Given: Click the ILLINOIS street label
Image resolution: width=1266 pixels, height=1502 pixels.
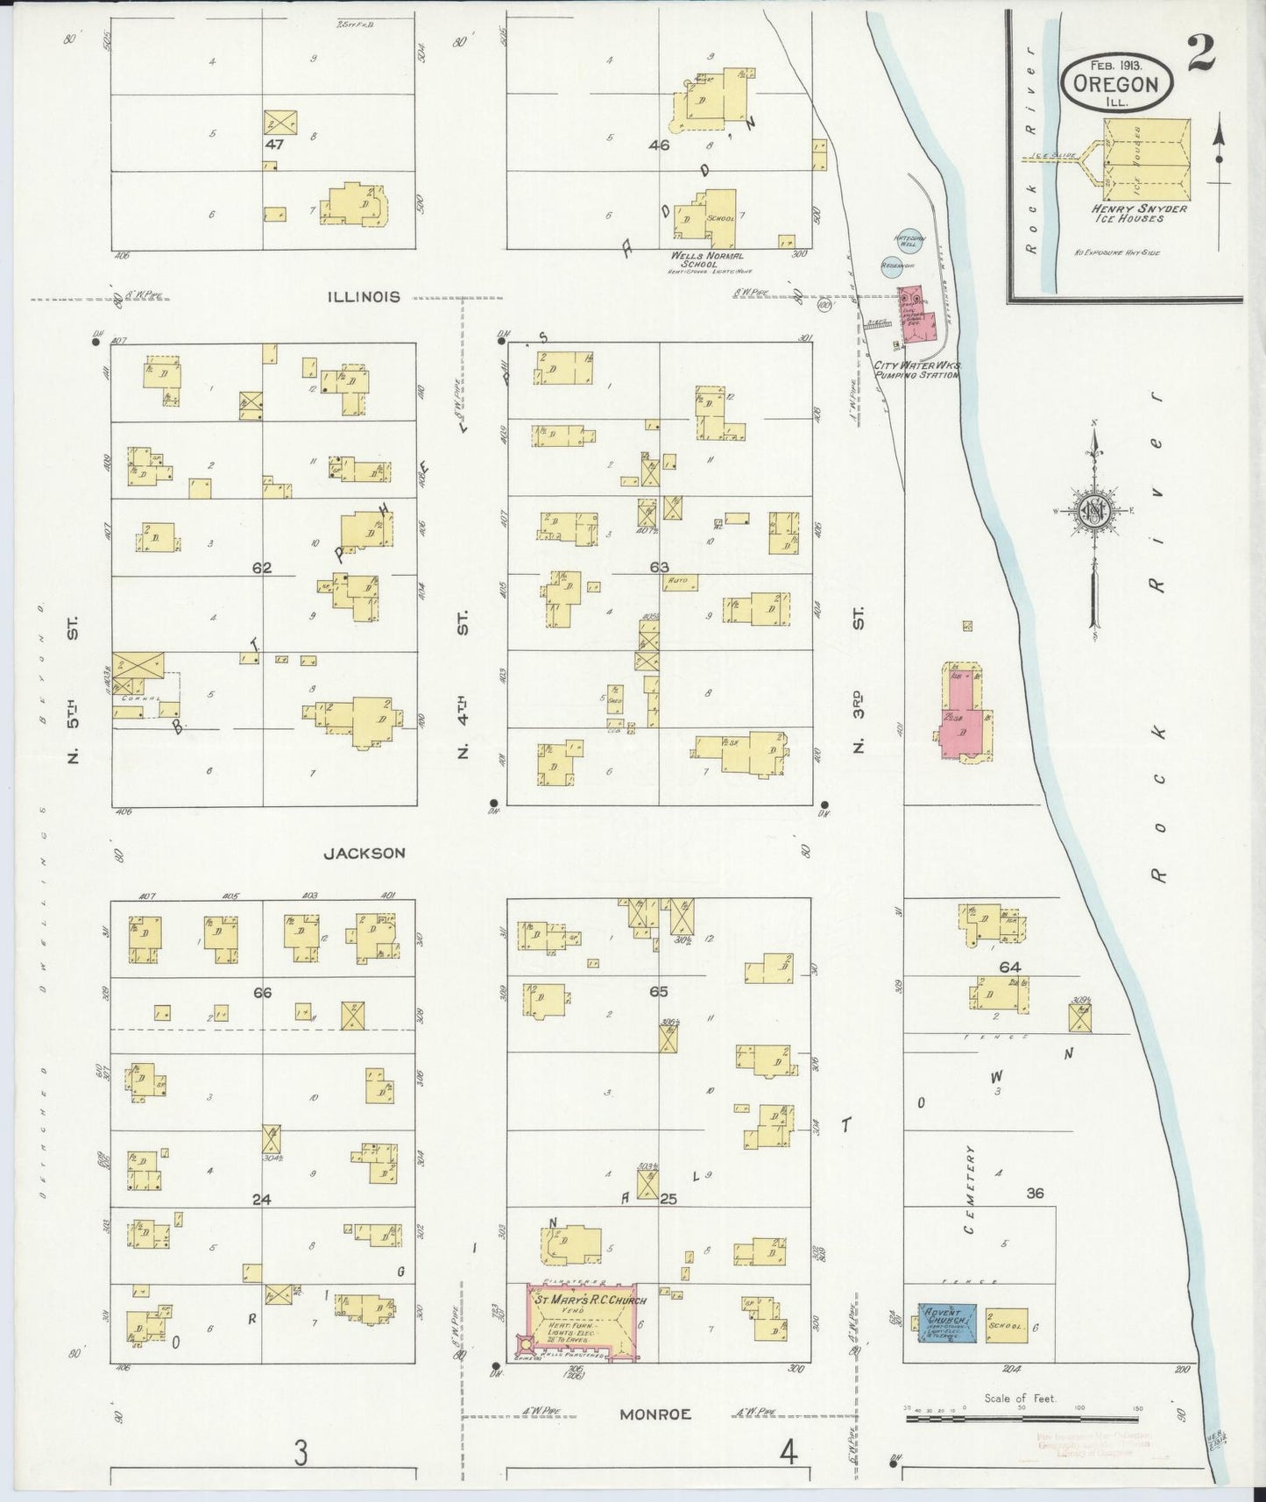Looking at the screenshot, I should pyautogui.click(x=363, y=297).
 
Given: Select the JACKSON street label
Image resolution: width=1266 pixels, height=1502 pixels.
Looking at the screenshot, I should pyautogui.click(x=364, y=853).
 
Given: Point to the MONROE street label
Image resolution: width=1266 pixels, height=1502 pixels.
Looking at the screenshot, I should pyautogui.click(x=655, y=1413).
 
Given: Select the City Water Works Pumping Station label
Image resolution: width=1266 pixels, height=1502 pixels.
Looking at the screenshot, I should pyautogui.click(x=916, y=370).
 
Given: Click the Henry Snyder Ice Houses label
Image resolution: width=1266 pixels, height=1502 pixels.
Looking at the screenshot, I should pyautogui.click(x=1139, y=213).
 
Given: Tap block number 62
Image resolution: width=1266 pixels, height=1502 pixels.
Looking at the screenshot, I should pyautogui.click(x=262, y=568).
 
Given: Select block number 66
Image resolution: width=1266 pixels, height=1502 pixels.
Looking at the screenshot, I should pyautogui.click(x=262, y=992).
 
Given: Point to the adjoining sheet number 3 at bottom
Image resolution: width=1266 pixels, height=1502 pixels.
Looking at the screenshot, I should pyautogui.click(x=301, y=1454).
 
